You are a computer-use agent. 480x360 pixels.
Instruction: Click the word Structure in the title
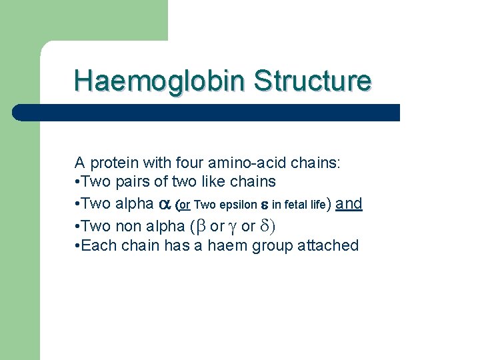pyautogui.click(x=312, y=81)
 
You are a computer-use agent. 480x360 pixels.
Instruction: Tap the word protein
pyautogui.click(x=112, y=163)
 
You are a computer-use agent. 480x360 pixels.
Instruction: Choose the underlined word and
pyautogui.click(x=349, y=204)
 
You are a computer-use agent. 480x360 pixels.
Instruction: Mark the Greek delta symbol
pyautogui.click(x=265, y=226)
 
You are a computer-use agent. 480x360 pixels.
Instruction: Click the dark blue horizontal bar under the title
pyautogui.click(x=207, y=113)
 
